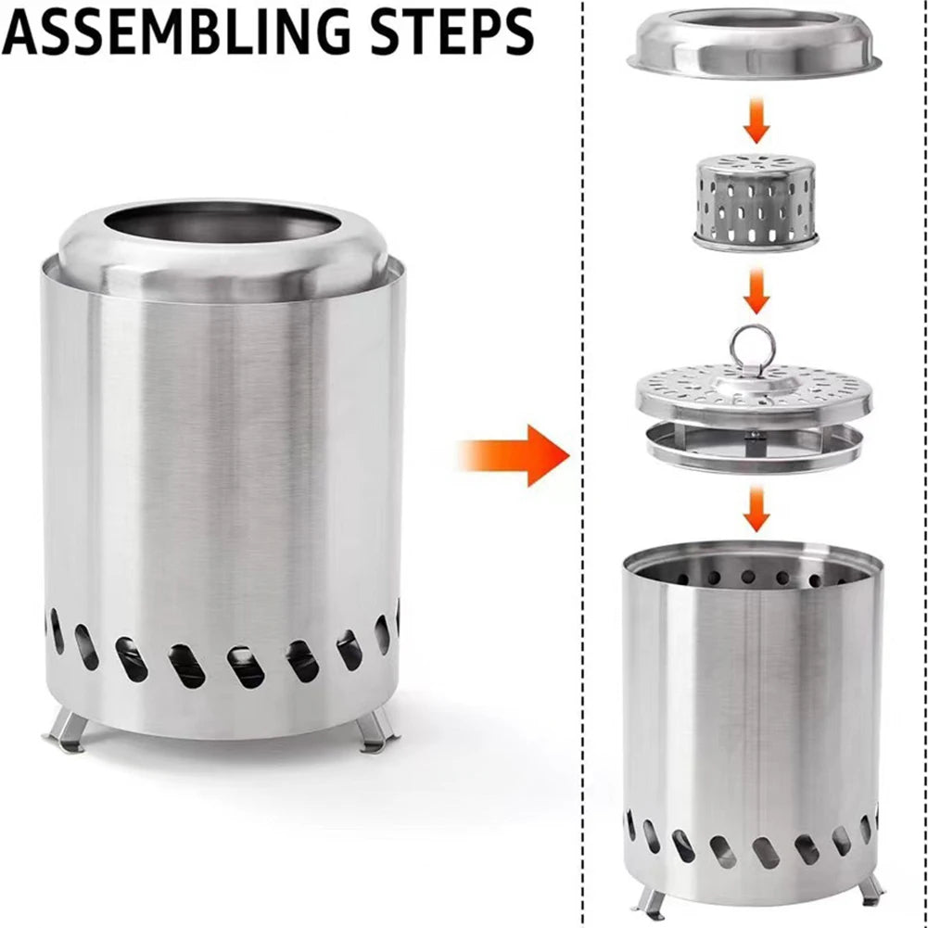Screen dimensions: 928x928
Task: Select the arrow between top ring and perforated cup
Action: (x=756, y=121)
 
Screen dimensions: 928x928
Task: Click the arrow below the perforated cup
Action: (x=756, y=291)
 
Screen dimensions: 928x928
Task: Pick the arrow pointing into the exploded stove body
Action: (x=756, y=509)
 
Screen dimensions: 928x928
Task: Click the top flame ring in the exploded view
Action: (x=754, y=44)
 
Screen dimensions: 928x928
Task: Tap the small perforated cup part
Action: (x=756, y=202)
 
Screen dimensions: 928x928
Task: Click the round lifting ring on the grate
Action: (x=752, y=350)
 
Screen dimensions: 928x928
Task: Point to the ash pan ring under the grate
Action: (x=754, y=449)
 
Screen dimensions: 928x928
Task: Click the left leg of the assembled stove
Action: (x=67, y=732)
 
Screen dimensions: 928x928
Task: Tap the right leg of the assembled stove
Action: (x=376, y=731)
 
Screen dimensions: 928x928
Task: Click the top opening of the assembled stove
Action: (x=222, y=222)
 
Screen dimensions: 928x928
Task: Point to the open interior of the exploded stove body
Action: (x=753, y=571)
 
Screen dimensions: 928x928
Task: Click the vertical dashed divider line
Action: (x=583, y=464)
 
